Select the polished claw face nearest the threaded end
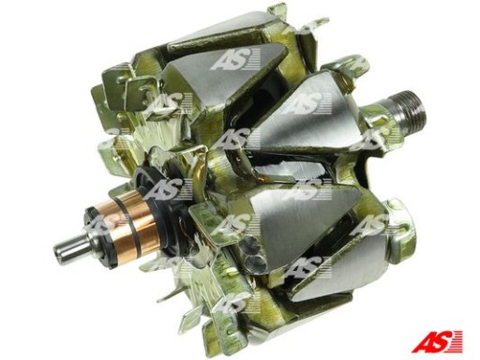300,112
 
